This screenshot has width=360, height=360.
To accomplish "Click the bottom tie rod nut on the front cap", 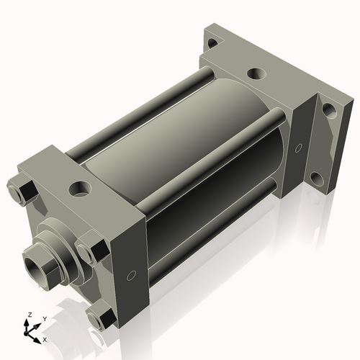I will pos(99,318).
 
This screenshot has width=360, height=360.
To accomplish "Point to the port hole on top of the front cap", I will pos(78,191).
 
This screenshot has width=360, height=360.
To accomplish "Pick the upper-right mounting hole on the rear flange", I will pos(328,110).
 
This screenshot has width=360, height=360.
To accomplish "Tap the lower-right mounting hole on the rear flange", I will pos(317,177).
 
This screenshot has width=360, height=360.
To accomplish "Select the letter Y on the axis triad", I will pos(44,318).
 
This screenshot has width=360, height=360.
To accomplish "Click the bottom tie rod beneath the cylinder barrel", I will pos(216,216).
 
